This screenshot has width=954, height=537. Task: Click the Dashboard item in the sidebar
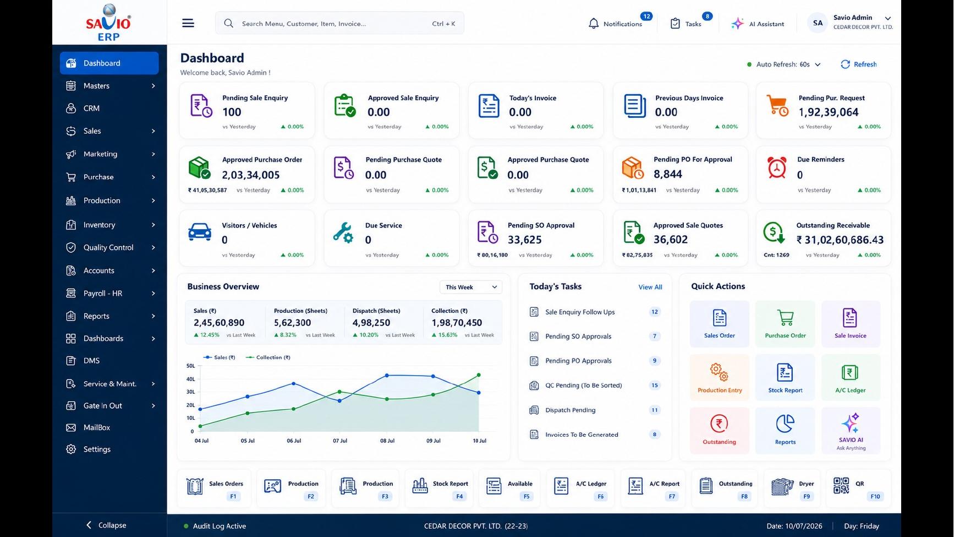pos(109,63)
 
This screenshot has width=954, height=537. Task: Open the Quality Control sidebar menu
pos(109,248)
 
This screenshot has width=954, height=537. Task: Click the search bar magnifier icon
pos(229,24)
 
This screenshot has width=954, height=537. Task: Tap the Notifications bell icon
pos(594,24)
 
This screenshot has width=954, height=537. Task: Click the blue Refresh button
pos(858,64)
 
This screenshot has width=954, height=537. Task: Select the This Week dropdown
pos(470,287)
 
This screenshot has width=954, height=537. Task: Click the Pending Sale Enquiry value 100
pos(232,112)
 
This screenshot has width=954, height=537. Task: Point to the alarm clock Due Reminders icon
pos(777,167)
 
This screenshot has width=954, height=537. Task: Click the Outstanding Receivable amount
pos(840,240)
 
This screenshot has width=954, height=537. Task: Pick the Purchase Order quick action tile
pos(785,324)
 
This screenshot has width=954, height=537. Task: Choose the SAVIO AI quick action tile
pos(851,431)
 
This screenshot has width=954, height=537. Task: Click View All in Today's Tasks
pos(650,288)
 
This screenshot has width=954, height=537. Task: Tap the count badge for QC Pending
pos(655,386)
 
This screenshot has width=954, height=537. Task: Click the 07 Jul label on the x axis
pos(340,441)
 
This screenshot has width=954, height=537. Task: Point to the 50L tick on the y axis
pos(191,366)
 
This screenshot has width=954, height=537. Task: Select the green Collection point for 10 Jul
pos(479,375)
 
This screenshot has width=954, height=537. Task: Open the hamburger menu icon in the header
pos(188,23)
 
